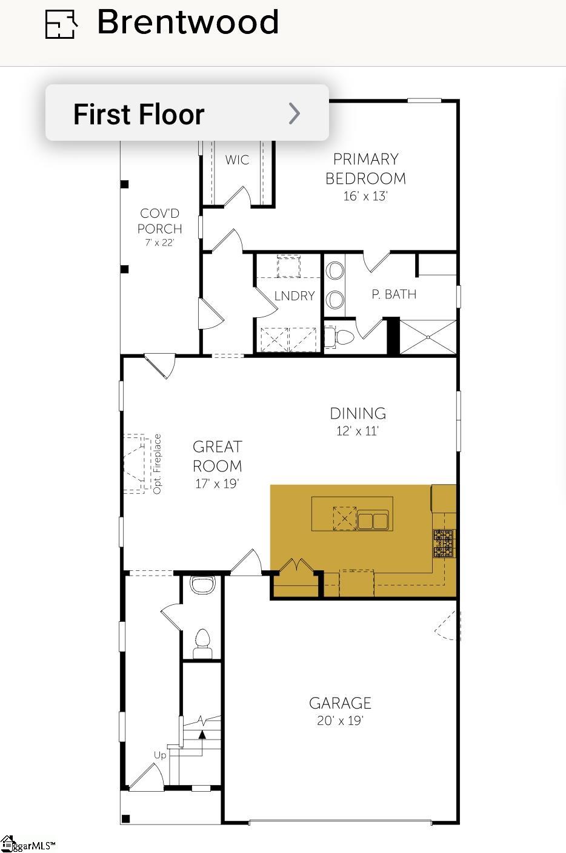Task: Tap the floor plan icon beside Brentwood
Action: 61,24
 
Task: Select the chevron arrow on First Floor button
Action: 295,113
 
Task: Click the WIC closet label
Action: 237,160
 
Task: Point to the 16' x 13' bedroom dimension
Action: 365,196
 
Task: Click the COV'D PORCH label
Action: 160,221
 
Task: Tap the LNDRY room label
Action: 295,295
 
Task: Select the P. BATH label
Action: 394,294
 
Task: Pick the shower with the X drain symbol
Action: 428,337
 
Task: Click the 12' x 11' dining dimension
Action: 357,431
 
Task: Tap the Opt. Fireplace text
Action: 157,464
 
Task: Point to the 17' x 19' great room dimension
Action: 217,484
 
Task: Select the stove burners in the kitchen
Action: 444,543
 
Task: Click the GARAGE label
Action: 340,703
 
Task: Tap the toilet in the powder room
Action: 203,643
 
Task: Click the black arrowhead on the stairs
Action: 203,734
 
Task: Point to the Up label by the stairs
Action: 160,755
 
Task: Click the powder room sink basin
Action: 202,584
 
